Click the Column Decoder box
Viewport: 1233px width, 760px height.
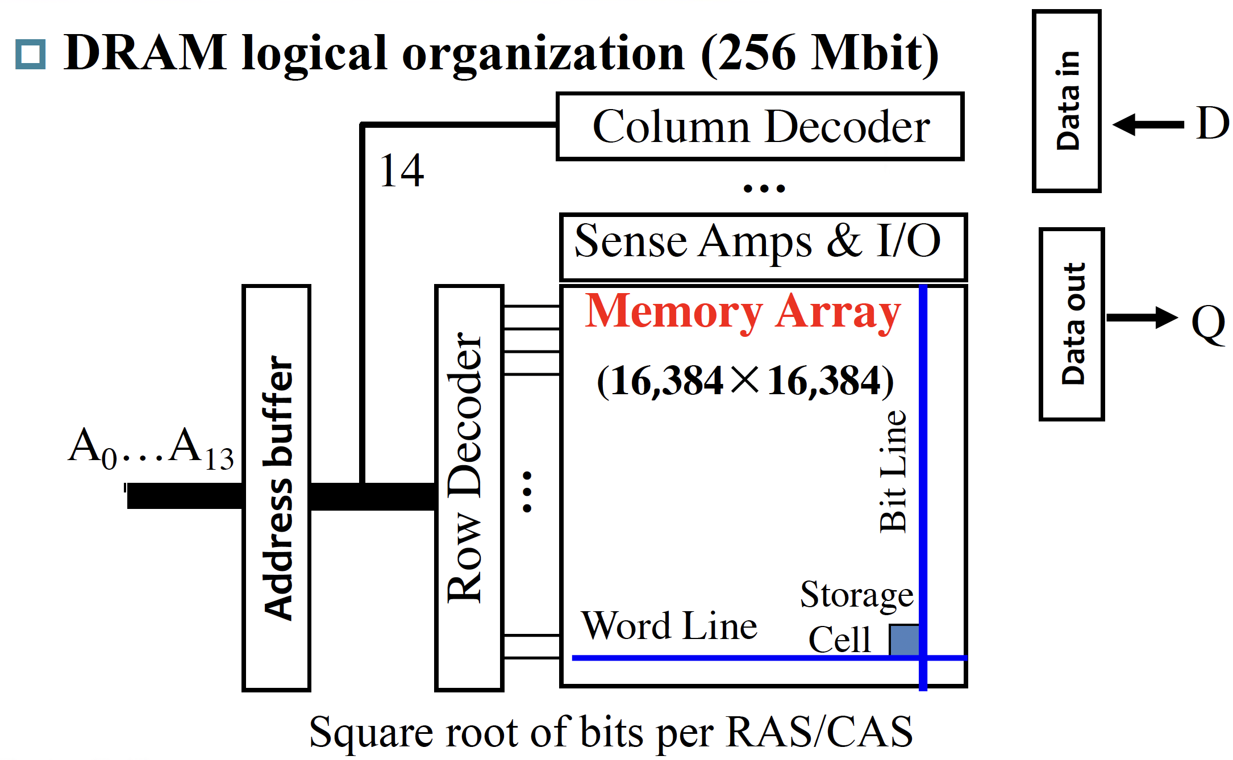coord(760,126)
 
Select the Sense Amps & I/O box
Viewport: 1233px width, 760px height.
coord(763,247)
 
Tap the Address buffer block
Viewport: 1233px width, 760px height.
coord(277,487)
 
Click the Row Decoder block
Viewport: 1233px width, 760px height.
coord(469,487)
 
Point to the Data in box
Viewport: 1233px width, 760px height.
coord(1067,101)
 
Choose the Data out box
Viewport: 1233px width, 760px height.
coord(1072,324)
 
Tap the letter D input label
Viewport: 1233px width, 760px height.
coord(1213,123)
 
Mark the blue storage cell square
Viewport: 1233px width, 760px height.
coord(904,640)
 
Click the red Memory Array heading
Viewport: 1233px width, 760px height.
coord(743,311)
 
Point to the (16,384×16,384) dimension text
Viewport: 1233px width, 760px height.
coord(745,380)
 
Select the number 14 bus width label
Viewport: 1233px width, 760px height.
coord(402,170)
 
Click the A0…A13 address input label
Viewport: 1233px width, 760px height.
coord(151,449)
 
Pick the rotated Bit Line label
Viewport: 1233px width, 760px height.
coord(893,471)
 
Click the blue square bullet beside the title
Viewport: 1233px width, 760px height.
coord(30,55)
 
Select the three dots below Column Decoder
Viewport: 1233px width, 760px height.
coord(764,188)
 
